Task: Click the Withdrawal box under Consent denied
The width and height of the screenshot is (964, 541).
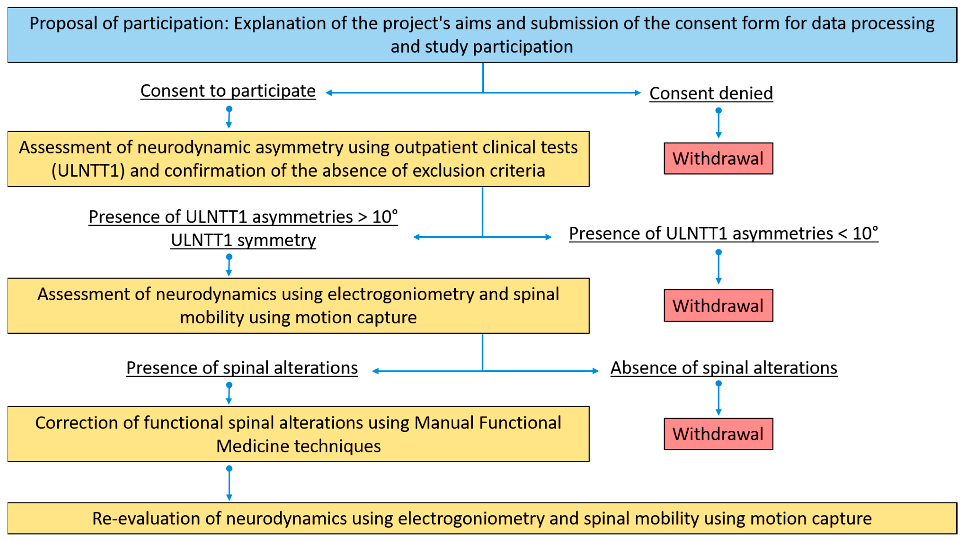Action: coord(718,158)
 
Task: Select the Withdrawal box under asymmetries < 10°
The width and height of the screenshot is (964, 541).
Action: coord(718,305)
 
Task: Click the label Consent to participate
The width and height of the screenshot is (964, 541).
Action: coord(228,91)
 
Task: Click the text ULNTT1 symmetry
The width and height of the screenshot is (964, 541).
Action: coord(243,240)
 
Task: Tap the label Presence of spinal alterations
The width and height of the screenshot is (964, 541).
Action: coord(242,368)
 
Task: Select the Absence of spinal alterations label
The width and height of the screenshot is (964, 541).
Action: coord(724,368)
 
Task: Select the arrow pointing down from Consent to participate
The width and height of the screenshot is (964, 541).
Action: coord(229,118)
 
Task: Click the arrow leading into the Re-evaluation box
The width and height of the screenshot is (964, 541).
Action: coord(229,484)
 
